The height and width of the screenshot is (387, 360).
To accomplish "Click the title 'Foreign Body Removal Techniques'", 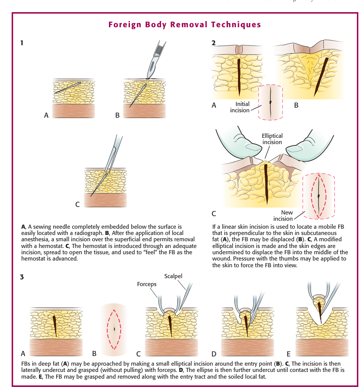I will coord(184,24).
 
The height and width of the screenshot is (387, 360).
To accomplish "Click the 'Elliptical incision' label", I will coord(272,139).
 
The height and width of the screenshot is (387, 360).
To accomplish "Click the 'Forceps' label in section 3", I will coord(147,284).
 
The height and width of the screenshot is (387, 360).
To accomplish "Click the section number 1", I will coord(22,43).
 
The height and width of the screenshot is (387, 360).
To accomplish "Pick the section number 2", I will coord(214,43).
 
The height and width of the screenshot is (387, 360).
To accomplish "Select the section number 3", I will coord(22,277).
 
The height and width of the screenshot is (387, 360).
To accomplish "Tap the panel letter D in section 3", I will coord(214,354).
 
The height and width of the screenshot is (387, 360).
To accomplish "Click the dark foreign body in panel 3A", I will coord(54,323).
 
